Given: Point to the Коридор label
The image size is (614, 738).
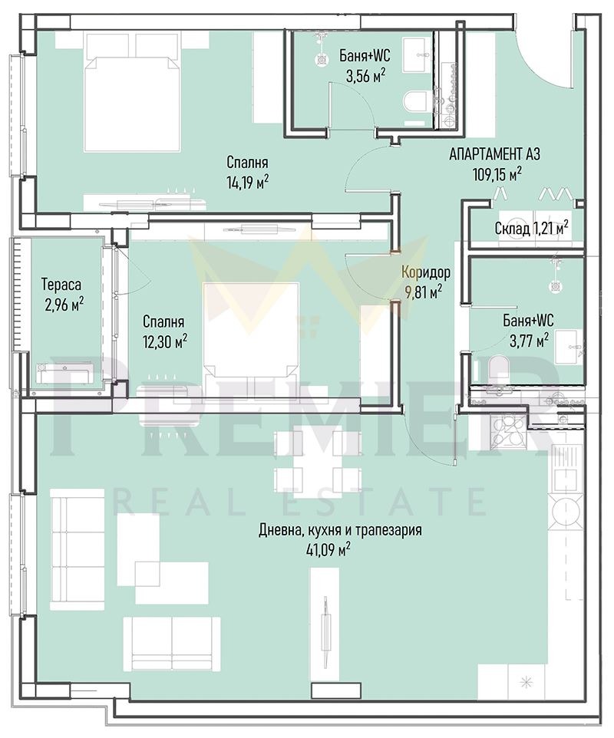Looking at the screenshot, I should point(426,272).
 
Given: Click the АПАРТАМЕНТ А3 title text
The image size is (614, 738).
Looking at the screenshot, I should point(494,154).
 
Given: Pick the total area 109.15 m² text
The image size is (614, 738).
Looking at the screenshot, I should point(497,173).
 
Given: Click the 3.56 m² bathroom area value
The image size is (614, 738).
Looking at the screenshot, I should point(361,74).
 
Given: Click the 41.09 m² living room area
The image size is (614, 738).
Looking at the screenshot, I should point(328,548).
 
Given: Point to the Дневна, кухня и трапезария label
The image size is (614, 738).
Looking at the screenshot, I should point(340,529).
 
